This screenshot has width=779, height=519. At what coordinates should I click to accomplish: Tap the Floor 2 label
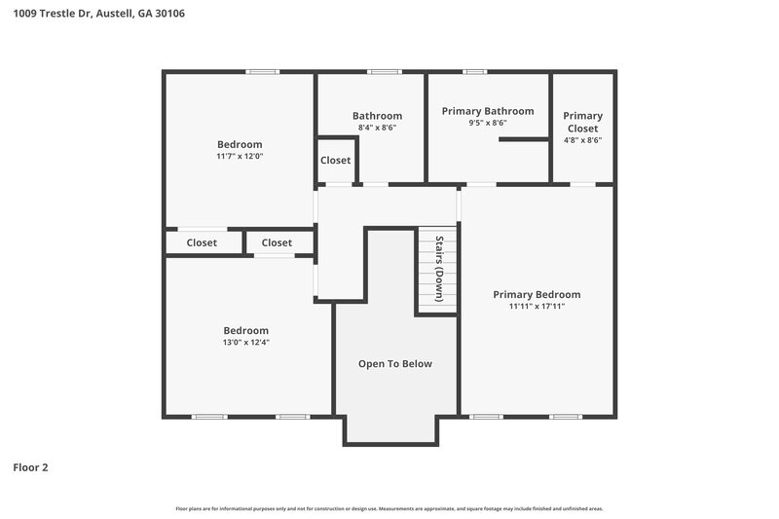tap(30, 467)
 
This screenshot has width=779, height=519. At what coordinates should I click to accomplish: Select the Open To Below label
tap(394, 364)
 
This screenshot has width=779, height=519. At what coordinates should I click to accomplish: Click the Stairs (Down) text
tap(439, 269)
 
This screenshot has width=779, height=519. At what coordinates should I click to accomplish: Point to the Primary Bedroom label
tap(537, 294)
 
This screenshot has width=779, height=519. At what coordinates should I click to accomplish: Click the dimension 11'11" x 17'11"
tap(537, 307)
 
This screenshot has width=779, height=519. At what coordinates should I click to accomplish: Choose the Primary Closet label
tap(582, 122)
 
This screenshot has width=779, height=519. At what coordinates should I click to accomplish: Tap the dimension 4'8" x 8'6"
tap(582, 140)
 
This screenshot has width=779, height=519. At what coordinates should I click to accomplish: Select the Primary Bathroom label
tap(488, 111)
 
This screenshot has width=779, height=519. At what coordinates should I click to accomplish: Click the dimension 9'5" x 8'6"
tap(488, 124)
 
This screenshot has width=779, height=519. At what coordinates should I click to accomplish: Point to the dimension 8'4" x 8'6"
tap(377, 128)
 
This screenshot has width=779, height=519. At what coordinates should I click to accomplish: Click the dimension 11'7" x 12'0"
tap(240, 156)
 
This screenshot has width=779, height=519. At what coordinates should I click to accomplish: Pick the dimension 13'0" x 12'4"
tap(245, 342)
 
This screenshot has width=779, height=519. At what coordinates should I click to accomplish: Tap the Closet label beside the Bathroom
tap(336, 161)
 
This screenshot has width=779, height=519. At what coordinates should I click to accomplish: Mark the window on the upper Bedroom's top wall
tap(262, 71)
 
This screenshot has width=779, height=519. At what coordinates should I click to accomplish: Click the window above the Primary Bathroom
tap(474, 71)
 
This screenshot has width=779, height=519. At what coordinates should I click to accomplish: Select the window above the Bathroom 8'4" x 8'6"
tap(384, 71)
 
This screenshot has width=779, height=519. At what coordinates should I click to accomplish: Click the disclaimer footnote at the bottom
tap(389, 508)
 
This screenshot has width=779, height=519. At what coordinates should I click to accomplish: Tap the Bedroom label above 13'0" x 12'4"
tap(245, 330)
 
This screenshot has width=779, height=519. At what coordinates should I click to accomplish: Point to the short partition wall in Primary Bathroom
tap(524, 140)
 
